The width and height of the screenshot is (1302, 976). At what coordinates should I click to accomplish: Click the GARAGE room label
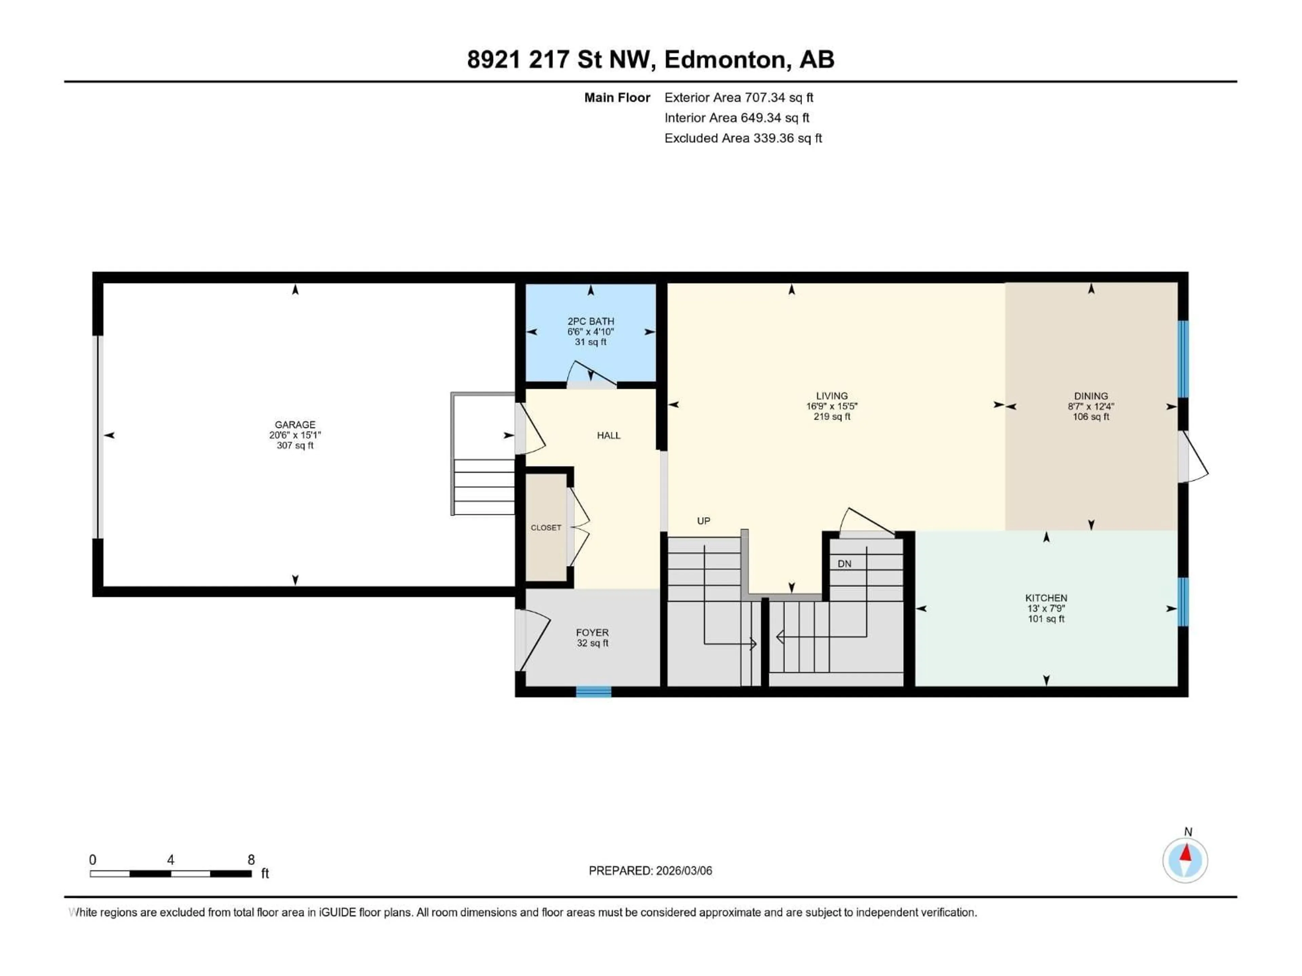(x=295, y=424)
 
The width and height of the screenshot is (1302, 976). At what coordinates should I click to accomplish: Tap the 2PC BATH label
(x=590, y=321)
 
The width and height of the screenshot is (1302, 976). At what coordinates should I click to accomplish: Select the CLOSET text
(x=546, y=528)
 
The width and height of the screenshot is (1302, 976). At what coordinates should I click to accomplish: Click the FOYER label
(x=592, y=632)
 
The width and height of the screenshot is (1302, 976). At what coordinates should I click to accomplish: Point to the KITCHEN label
(x=1046, y=598)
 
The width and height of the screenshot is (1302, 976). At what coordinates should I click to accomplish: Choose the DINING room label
(x=1091, y=396)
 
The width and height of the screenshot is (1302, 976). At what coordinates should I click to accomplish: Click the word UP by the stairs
(x=704, y=521)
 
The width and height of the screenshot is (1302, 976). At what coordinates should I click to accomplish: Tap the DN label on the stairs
(x=844, y=564)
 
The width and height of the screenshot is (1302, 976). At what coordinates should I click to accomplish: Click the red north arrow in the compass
(x=1185, y=853)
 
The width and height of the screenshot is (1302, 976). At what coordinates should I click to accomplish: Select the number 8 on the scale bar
(x=251, y=859)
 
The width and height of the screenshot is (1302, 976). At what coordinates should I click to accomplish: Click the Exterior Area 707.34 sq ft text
(x=739, y=98)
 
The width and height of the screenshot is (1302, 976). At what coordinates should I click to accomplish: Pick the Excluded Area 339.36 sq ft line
(x=743, y=138)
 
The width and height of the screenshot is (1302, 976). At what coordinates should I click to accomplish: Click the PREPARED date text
(x=650, y=871)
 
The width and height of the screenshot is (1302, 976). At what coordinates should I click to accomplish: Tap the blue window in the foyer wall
(x=593, y=692)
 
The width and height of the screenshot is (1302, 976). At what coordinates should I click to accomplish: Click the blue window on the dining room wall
(x=1183, y=359)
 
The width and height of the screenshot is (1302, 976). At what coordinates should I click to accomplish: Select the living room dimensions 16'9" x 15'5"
(x=832, y=406)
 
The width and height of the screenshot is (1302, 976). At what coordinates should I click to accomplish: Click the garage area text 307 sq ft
(x=295, y=445)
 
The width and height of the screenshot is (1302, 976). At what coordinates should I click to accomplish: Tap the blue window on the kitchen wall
(x=1183, y=602)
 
